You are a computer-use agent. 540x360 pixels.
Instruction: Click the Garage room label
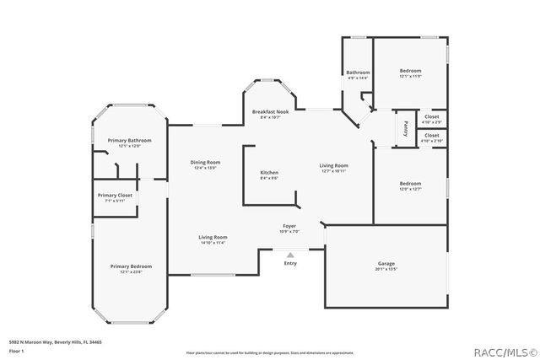(386, 264)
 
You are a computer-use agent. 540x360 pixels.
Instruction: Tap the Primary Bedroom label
(131, 266)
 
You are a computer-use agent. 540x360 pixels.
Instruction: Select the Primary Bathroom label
(129, 140)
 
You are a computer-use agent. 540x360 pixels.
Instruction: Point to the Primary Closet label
(115, 195)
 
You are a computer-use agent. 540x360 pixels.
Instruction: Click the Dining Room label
(205, 162)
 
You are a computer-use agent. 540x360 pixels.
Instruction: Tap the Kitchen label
(269, 173)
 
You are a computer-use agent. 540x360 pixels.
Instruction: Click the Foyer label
(289, 226)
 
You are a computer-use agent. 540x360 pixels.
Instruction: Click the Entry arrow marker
(290, 254)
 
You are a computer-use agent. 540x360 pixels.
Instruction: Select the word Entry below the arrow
(290, 263)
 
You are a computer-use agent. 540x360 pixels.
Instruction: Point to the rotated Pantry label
(406, 128)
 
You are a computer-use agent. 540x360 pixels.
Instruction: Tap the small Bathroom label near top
(358, 73)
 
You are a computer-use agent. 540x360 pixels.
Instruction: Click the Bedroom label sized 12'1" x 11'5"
(410, 70)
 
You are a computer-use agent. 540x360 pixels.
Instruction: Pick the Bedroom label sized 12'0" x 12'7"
(410, 183)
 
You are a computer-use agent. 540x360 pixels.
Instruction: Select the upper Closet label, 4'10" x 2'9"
(431, 116)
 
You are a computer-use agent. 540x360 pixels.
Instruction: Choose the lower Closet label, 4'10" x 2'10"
(431, 135)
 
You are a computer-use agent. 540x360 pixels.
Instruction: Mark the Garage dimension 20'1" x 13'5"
(386, 270)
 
